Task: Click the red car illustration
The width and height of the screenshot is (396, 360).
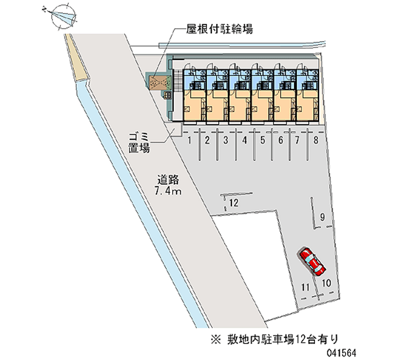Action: click(312, 261)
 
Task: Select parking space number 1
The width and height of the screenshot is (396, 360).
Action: click(190, 140)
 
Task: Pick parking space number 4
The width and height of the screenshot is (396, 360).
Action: click(245, 140)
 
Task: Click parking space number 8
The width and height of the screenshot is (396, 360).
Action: click(316, 140)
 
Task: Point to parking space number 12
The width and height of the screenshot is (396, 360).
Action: click(234, 203)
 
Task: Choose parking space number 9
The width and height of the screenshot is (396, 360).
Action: click(322, 217)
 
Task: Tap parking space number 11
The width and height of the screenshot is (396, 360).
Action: click(305, 287)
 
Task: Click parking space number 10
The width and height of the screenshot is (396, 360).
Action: click(326, 283)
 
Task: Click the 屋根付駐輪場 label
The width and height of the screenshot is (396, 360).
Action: click(219, 29)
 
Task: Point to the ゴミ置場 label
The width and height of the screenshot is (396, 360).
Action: click(139, 143)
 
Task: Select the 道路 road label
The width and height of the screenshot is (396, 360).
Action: click(168, 180)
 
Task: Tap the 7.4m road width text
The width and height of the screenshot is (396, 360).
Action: click(168, 191)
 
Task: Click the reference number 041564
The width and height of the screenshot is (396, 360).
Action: click(341, 353)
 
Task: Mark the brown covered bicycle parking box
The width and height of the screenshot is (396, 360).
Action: click(157, 82)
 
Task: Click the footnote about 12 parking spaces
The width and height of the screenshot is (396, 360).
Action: click(275, 339)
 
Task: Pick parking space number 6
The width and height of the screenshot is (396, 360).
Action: click(281, 140)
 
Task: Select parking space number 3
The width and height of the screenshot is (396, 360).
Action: click(226, 140)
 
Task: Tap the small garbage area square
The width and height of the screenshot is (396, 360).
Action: click(177, 130)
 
